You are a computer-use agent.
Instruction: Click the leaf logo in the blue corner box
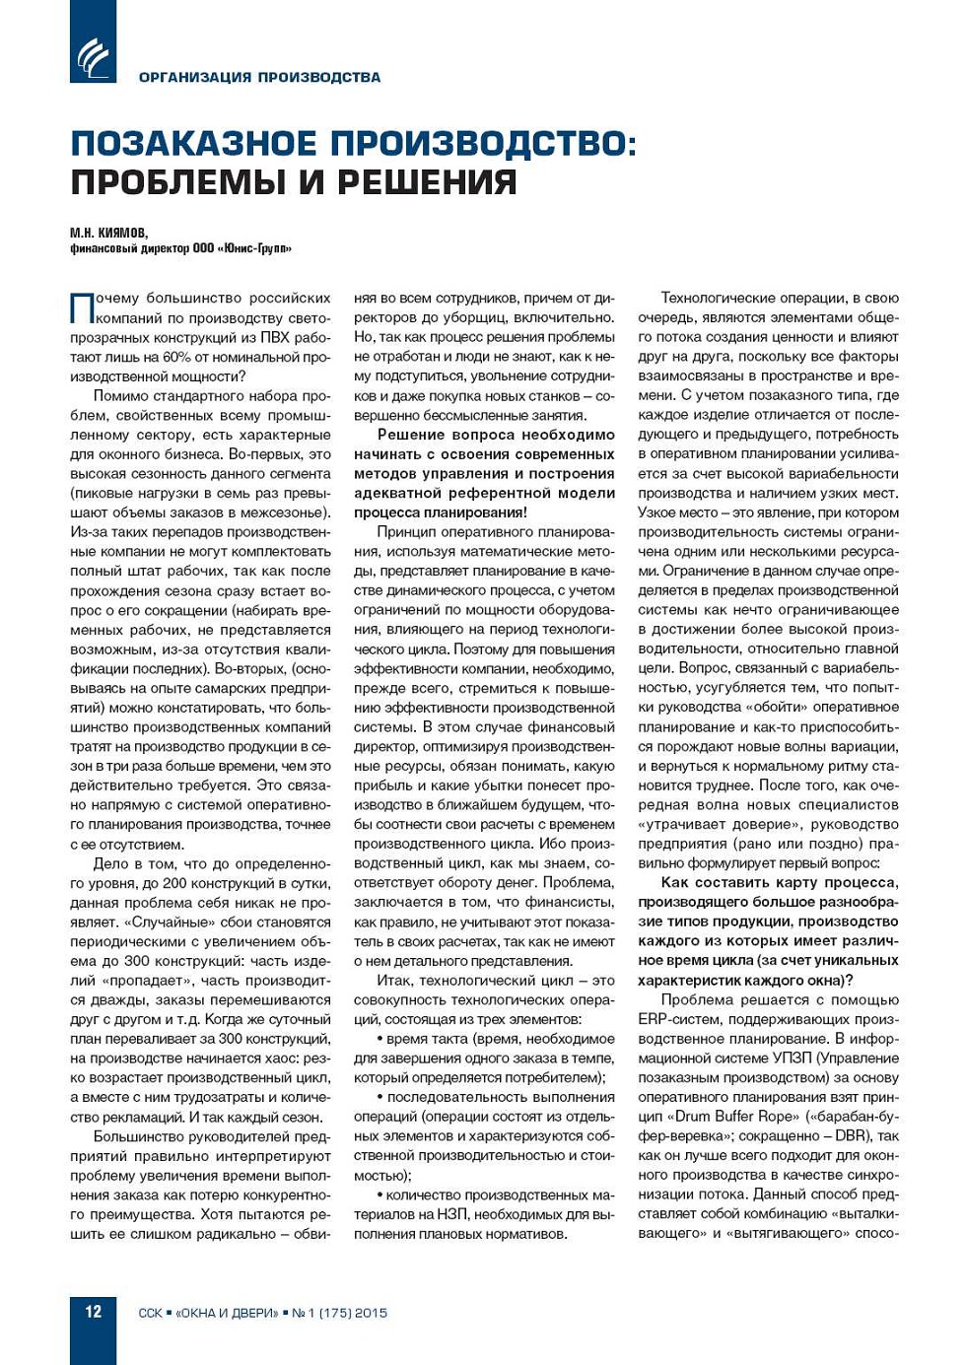point(93,56)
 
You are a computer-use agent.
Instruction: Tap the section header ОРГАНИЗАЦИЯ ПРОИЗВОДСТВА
point(259,77)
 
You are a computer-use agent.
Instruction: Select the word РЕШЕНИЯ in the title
point(427,182)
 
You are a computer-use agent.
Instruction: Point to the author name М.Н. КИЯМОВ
point(108,233)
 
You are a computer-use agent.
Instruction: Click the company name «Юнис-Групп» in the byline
point(257,248)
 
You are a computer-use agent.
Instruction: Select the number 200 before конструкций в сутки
point(174,883)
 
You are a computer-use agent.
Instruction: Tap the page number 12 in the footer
point(93,1312)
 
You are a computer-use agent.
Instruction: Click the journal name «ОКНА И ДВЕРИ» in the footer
point(226,1314)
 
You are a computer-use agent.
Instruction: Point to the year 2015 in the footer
point(371,1314)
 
